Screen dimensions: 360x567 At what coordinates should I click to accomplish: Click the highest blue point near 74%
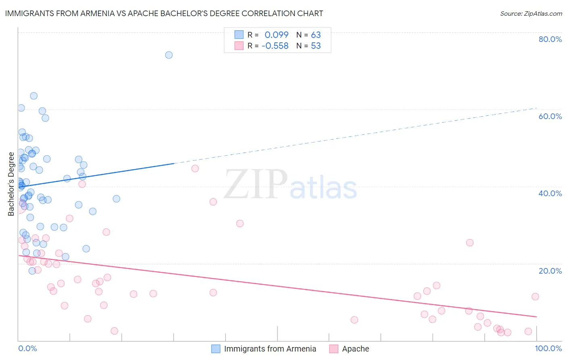tap(169, 55)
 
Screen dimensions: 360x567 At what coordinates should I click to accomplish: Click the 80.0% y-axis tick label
tap(550, 39)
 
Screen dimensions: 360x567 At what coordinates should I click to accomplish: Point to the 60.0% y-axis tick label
tap(550, 116)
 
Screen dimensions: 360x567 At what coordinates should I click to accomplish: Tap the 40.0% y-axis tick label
tap(550, 193)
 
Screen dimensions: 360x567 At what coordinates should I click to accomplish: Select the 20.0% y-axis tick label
tap(550, 270)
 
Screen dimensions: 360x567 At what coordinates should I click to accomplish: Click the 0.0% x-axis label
tap(27, 348)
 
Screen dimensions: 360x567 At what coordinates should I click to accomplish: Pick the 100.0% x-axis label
tap(548, 348)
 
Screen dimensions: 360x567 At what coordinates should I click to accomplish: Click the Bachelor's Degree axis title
tap(11, 184)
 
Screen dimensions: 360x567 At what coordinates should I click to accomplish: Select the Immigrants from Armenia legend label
tap(270, 349)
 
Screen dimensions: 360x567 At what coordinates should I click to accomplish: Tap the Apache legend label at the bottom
tap(355, 349)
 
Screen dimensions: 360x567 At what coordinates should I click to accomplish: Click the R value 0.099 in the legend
tap(276, 35)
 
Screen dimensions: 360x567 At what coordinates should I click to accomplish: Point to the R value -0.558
tap(275, 46)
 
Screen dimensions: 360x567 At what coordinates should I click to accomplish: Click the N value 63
tap(316, 35)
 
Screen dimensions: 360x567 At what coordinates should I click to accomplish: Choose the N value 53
tap(316, 46)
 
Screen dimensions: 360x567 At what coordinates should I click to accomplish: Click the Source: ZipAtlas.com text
tap(531, 14)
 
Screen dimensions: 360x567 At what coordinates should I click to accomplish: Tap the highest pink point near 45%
tap(195, 169)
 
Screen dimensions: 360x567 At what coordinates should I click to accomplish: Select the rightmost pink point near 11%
tap(535, 297)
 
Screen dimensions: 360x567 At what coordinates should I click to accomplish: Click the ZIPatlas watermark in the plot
tap(290, 185)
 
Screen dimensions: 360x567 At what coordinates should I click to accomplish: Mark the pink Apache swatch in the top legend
tap(239, 46)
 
